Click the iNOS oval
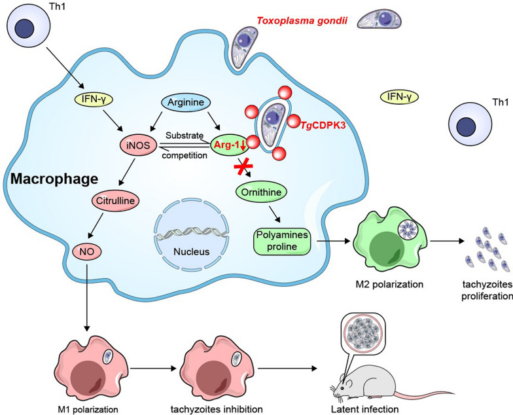(x=139, y=145)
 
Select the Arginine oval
(x=186, y=102)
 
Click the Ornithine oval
(x=261, y=192)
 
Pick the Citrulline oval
(x=115, y=200)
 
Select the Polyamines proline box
(x=282, y=241)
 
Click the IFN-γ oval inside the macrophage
(x=94, y=99)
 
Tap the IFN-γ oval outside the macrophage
(x=399, y=97)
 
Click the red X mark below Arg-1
(x=243, y=168)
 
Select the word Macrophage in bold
(x=54, y=179)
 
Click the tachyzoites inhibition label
(x=217, y=409)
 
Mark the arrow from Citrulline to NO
(x=96, y=226)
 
